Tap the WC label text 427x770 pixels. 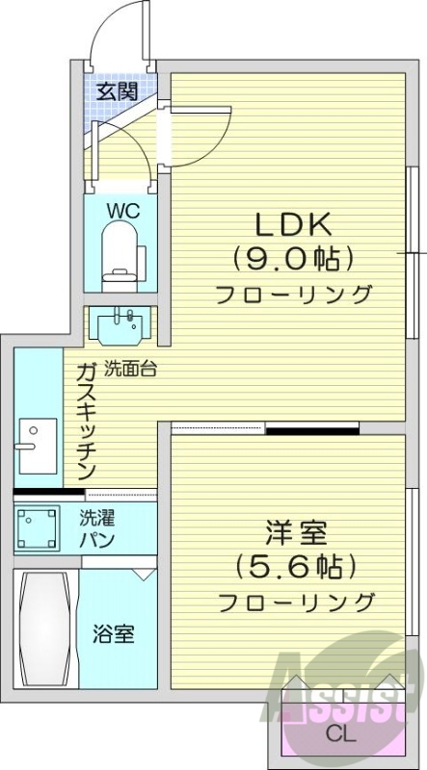point(120,210)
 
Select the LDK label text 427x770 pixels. point(293,225)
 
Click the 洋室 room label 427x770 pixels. point(295,532)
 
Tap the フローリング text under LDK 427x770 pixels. point(294,294)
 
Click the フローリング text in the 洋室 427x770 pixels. point(295,603)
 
